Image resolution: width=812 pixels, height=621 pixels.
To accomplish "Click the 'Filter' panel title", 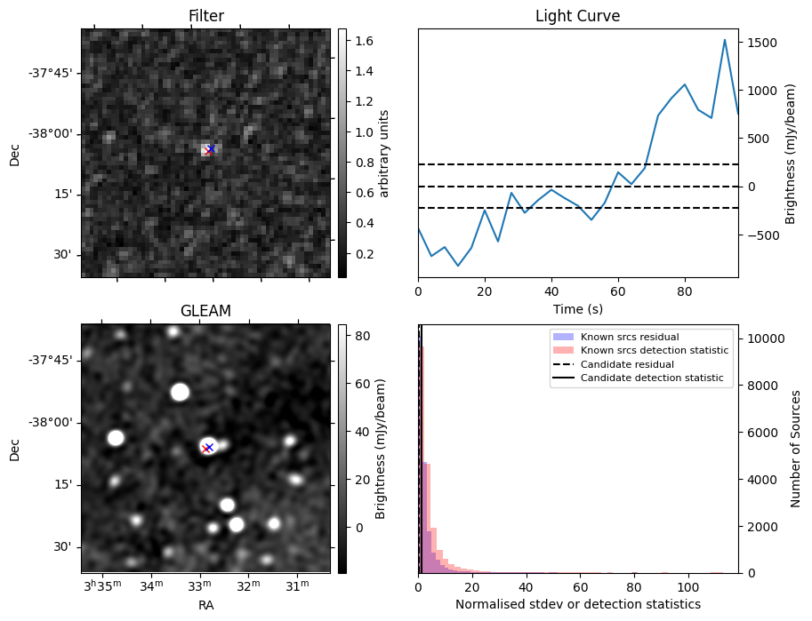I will point(205,16).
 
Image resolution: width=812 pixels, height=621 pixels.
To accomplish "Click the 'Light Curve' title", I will point(577,16).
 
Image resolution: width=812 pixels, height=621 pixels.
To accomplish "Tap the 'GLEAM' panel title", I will point(205,311).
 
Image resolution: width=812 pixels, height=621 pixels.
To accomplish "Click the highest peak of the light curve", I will point(725,40).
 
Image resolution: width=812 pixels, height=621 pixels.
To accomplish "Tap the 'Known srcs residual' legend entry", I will point(630,338).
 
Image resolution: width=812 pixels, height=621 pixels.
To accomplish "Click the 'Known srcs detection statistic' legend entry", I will point(654,351).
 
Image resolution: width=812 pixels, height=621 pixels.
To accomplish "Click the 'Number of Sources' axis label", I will point(796,449).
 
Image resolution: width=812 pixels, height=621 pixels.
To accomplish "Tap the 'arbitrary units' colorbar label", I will point(384,154).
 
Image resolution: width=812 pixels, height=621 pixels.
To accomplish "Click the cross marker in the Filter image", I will point(210,149).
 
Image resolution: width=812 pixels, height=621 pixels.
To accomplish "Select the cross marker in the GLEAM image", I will point(208,448).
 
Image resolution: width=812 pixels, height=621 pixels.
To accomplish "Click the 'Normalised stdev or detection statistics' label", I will point(577,604).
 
